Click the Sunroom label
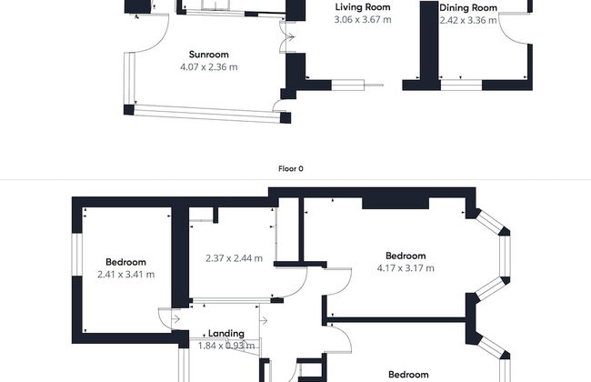pyautogui.click(x=209, y=55)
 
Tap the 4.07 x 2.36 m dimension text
pyautogui.click(x=209, y=67)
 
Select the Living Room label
pyautogui.click(x=363, y=7)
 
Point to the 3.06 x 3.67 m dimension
pyautogui.click(x=363, y=19)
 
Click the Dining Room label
pyautogui.click(x=468, y=8)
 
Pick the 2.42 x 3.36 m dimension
pyautogui.click(x=468, y=20)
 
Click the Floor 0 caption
pyautogui.click(x=291, y=168)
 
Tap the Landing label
pyautogui.click(x=226, y=334)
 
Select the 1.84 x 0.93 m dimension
pyautogui.click(x=226, y=346)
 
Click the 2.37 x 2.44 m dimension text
pyautogui.click(x=234, y=258)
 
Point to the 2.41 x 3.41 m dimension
pyautogui.click(x=125, y=274)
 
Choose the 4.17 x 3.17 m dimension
pyautogui.click(x=406, y=268)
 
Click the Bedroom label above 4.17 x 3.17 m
pyautogui.click(x=406, y=256)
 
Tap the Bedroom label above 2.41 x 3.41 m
pyautogui.click(x=125, y=262)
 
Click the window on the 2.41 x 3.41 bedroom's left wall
pyautogui.click(x=77, y=255)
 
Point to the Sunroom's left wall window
pyautogui.click(x=129, y=78)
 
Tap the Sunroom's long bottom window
pyautogui.click(x=207, y=114)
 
